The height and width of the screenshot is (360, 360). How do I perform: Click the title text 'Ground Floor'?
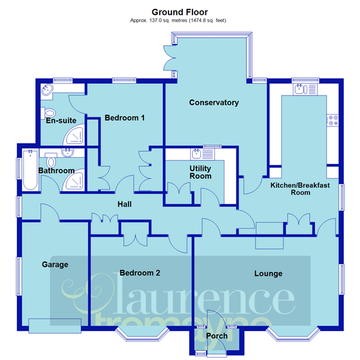pos(180,11)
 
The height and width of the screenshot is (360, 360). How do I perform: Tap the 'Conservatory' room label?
pos(214,103)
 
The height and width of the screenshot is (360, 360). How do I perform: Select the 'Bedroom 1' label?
pos(124,118)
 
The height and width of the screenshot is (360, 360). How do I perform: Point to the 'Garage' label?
pos(55,264)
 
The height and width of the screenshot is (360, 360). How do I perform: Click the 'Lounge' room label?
pos(268,274)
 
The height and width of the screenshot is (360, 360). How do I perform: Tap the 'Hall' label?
pos(124,205)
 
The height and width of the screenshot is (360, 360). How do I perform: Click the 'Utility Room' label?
pos(200,172)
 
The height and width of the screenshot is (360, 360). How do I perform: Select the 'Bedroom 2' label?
pos(140,273)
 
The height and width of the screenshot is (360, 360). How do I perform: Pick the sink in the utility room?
pos(196,153)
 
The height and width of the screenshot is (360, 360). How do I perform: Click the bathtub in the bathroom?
pos(29,170)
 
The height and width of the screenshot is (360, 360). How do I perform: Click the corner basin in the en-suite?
pos(47,91)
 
